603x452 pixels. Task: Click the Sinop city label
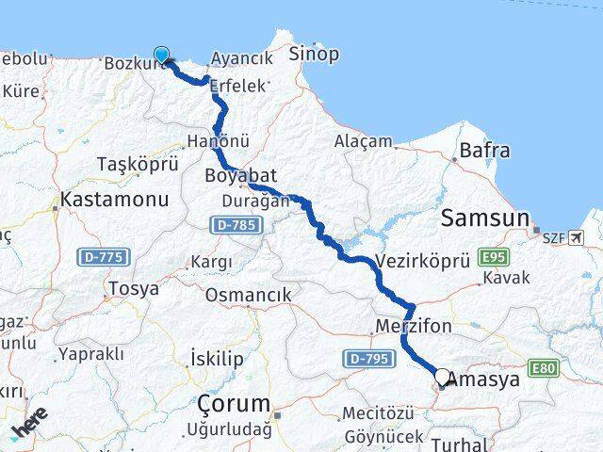tap(313, 53)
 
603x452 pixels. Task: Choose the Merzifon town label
tap(414, 327)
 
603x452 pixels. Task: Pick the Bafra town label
tap(484, 150)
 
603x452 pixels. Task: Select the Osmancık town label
tap(248, 295)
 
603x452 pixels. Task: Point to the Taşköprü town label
tap(138, 164)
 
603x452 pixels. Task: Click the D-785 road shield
tap(235, 225)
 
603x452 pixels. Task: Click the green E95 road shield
tap(493, 256)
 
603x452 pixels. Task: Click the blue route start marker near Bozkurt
tap(162, 55)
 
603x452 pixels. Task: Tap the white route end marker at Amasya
tap(442, 377)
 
